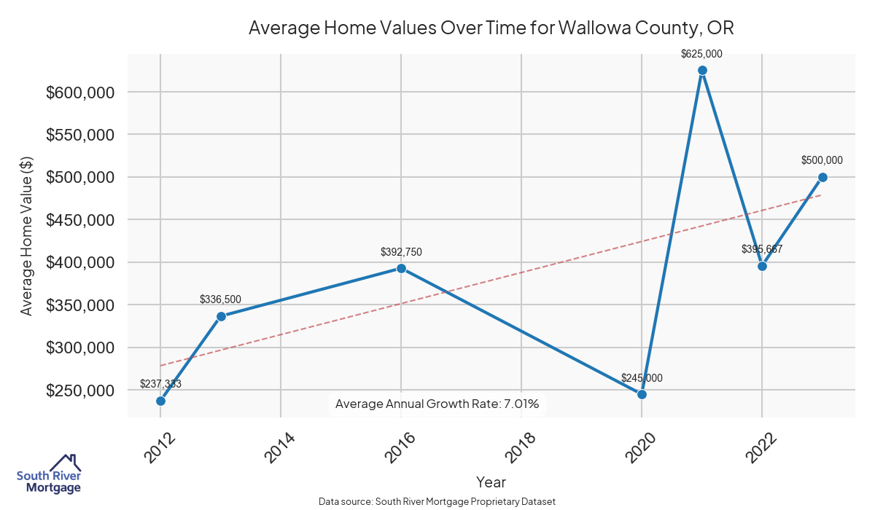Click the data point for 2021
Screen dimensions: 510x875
(x=702, y=71)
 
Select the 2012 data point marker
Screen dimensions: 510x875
(x=160, y=401)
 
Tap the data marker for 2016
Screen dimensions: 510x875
(x=401, y=268)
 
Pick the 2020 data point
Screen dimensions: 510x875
(x=642, y=394)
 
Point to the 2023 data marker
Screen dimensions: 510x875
(x=822, y=177)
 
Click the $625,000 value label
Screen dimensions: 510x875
(x=701, y=54)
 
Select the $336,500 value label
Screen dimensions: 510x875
(x=220, y=299)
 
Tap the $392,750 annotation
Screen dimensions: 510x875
(x=401, y=252)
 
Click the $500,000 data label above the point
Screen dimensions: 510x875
(x=822, y=160)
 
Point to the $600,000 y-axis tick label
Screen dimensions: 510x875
(x=80, y=93)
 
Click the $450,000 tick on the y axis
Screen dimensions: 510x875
(x=80, y=220)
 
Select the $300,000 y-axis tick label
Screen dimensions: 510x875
(x=80, y=348)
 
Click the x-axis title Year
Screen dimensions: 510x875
(x=491, y=482)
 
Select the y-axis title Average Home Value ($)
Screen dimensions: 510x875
(x=27, y=236)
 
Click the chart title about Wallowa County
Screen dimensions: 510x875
(x=491, y=28)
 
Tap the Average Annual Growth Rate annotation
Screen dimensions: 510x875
(x=437, y=404)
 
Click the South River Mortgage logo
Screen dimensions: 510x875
(x=50, y=474)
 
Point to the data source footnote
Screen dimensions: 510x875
(x=437, y=501)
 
